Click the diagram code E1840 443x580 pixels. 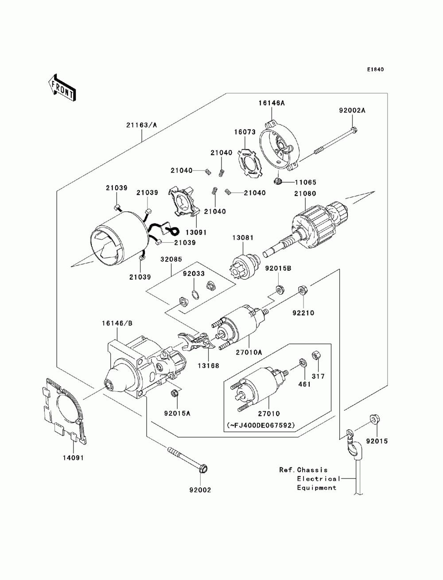(x=375, y=70)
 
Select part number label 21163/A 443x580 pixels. (x=142, y=125)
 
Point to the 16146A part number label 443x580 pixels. (x=272, y=103)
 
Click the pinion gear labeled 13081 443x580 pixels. (x=245, y=264)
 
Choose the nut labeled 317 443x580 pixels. (x=316, y=355)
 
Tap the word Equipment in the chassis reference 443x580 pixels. (x=316, y=488)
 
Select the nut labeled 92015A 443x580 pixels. (x=174, y=393)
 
